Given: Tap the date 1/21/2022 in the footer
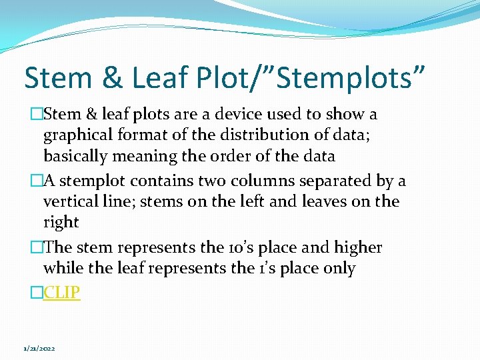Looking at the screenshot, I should [x=39, y=349].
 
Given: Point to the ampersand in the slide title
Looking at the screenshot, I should [x=113, y=77].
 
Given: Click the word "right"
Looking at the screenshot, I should [x=61, y=223].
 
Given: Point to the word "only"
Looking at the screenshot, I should [x=339, y=269].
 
